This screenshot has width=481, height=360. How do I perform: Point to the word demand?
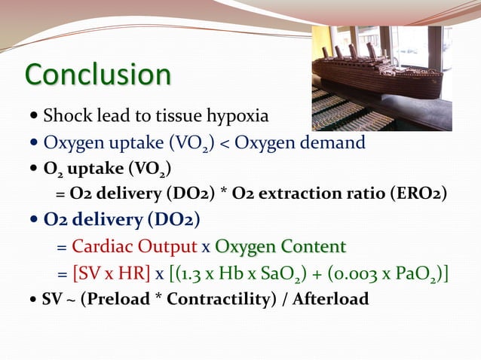tap(334, 142)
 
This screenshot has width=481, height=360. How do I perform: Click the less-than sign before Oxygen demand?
tap(225, 143)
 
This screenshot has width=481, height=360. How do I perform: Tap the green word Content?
tap(313, 247)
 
